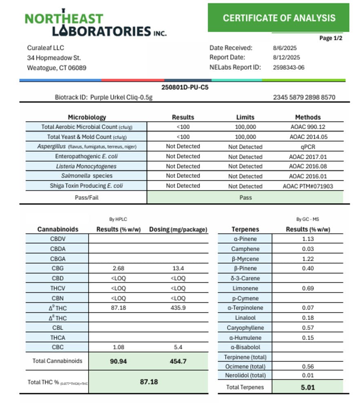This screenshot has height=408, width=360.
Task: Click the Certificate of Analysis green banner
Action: click(x=279, y=18)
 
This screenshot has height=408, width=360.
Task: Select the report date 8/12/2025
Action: click(x=286, y=58)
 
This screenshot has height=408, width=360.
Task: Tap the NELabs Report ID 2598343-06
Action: click(x=288, y=67)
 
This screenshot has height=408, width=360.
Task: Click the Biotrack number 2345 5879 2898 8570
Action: click(x=304, y=98)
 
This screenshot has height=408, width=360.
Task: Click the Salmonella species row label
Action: click(x=87, y=176)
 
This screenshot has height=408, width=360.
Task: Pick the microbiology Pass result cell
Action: click(x=245, y=197)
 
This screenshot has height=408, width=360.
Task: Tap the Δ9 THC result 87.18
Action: click(x=118, y=308)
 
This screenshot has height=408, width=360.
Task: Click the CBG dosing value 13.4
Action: click(x=178, y=268)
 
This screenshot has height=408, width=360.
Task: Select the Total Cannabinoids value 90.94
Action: click(x=118, y=361)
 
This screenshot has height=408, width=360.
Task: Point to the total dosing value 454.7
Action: click(x=178, y=361)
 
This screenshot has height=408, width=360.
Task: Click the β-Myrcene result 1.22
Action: click(x=307, y=259)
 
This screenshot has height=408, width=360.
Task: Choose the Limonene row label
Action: click(x=245, y=288)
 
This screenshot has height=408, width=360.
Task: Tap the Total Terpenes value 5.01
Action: click(x=307, y=387)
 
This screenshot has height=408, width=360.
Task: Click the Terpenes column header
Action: click(x=245, y=229)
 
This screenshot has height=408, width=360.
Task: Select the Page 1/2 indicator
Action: click(x=331, y=38)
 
